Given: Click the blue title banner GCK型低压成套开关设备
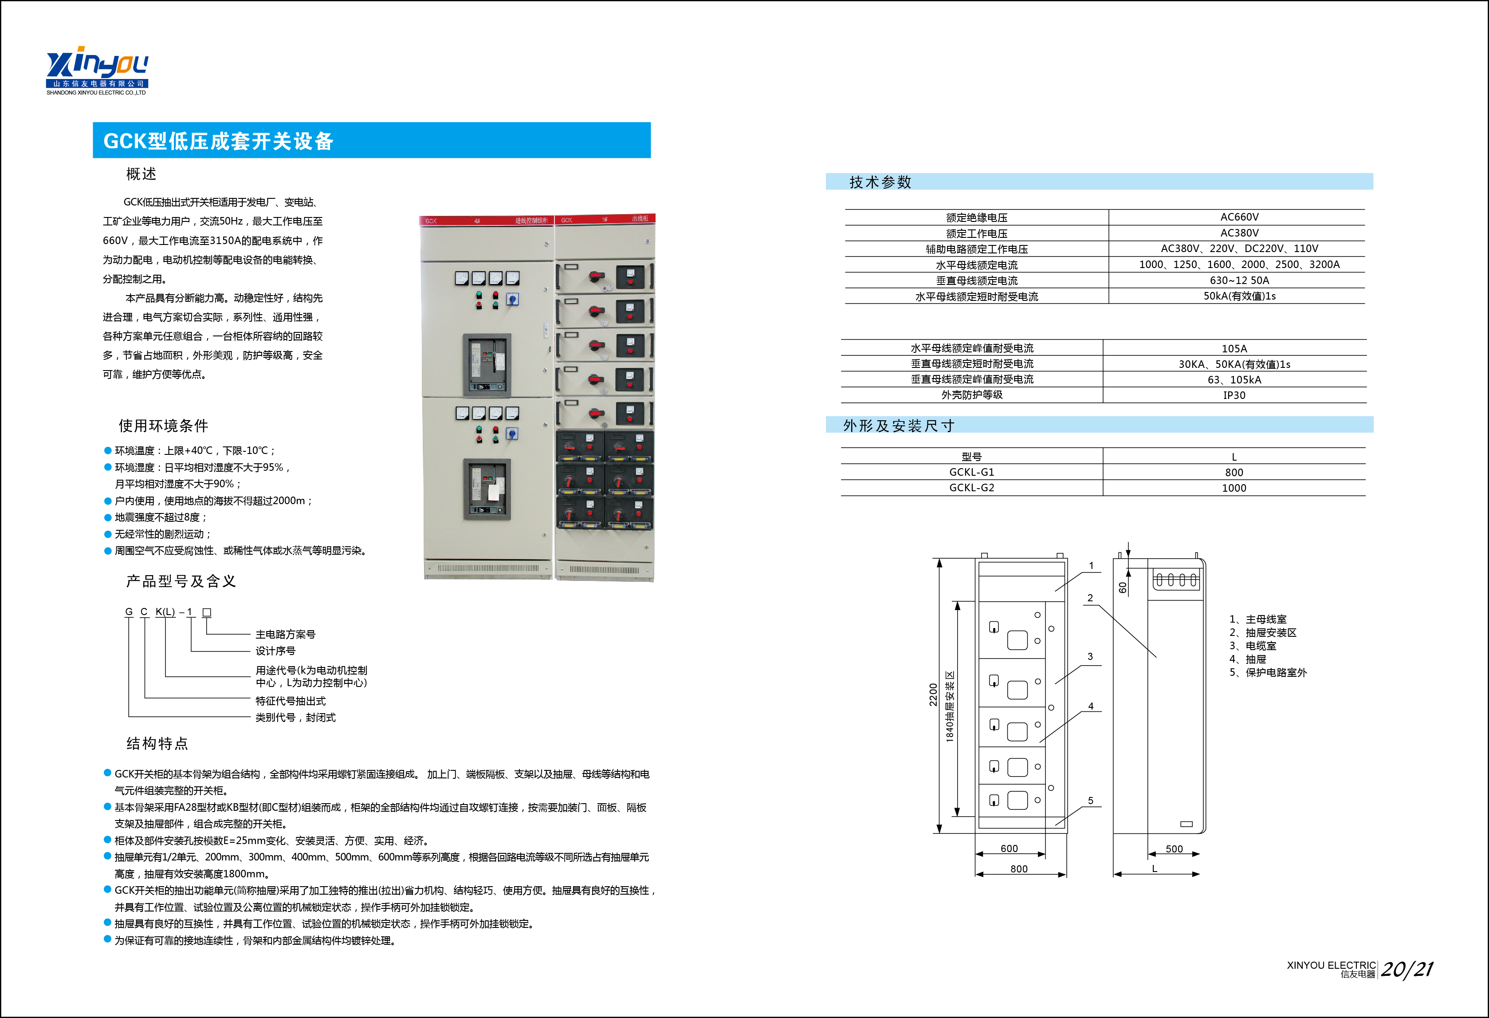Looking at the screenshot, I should pyautogui.click(x=372, y=140).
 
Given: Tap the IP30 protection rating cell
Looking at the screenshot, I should pyautogui.click(x=1234, y=395).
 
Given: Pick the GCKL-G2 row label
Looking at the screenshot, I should pyautogui.click(x=971, y=487).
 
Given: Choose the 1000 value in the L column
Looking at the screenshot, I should pyautogui.click(x=1234, y=488).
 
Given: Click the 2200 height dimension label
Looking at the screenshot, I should pyautogui.click(x=933, y=695).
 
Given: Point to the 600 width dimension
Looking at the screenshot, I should pyautogui.click(x=1009, y=848).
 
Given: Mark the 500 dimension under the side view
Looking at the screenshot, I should pyautogui.click(x=1174, y=849).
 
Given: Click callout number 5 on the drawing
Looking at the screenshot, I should pyautogui.click(x=1091, y=801).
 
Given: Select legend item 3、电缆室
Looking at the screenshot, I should pyautogui.click(x=1253, y=646).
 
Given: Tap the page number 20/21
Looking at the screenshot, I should pyautogui.click(x=1406, y=969).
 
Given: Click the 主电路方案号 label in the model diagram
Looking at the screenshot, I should pyautogui.click(x=285, y=634).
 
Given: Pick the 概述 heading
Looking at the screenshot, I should pyautogui.click(x=141, y=174).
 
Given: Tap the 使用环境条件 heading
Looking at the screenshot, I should pyautogui.click(x=163, y=426).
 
